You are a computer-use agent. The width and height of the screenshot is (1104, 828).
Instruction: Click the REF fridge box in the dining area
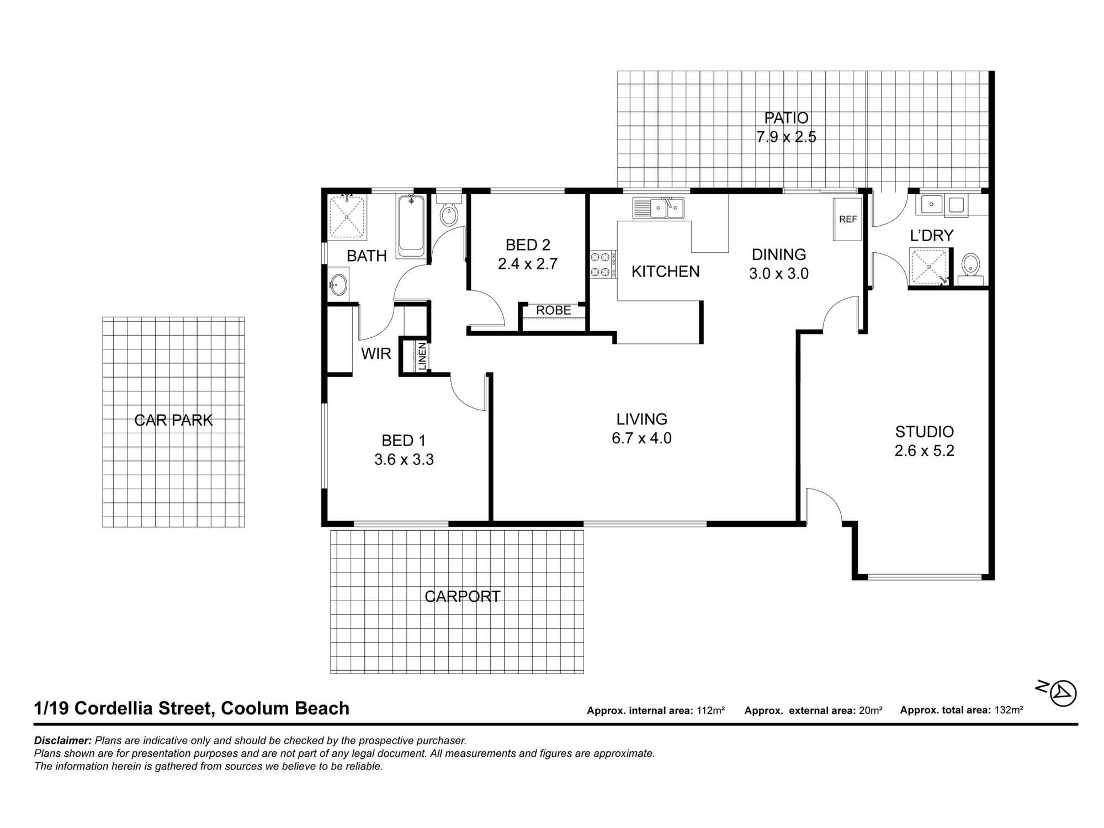[x=847, y=219]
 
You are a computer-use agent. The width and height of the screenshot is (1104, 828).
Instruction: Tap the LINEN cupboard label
[x=422, y=356]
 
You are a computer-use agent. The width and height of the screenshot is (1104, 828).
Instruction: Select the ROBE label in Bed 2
[x=553, y=310]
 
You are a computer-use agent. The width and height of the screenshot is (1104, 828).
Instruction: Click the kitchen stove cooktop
[x=603, y=264]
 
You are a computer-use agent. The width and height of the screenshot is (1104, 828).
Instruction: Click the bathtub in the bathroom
[x=411, y=225]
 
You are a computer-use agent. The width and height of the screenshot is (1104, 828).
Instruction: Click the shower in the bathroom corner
[x=347, y=216]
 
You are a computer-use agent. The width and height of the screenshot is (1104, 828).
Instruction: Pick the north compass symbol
[x=1063, y=693]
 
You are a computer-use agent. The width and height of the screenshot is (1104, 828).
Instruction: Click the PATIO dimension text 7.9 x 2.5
[x=786, y=137]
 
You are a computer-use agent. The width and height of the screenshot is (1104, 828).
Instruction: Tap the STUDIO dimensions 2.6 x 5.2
[x=924, y=450]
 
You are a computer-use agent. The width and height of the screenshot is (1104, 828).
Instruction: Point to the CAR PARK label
[x=173, y=420]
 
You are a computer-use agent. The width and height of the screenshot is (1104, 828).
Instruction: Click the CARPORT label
[x=462, y=596]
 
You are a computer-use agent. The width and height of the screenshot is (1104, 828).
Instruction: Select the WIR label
[x=376, y=353]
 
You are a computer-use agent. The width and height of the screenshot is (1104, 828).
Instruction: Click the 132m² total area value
[x=1009, y=710]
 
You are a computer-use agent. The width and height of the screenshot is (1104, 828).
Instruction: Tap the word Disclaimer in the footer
[x=62, y=740]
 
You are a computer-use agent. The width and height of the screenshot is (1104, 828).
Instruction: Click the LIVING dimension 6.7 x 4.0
[x=641, y=438]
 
